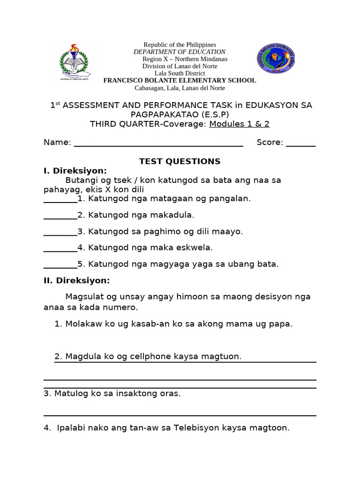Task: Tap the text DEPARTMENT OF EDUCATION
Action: (180, 52)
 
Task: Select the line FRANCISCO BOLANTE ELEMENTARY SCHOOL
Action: (180, 81)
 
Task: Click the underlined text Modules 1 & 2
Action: (239, 124)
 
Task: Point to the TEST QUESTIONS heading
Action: (180, 162)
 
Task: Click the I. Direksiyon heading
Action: (75, 171)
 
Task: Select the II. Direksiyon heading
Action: (77, 281)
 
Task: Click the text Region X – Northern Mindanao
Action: (185, 59)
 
